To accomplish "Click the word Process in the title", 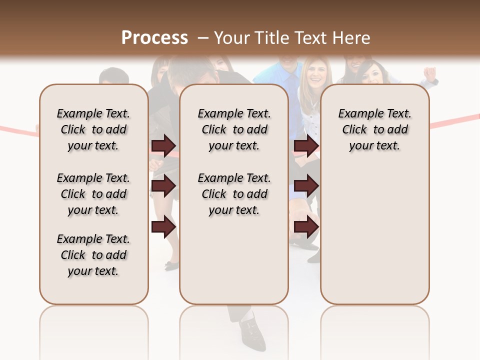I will [x=154, y=38].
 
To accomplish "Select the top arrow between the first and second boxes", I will [x=163, y=146].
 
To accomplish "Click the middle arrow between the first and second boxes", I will [x=163, y=186].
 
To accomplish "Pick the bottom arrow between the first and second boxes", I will [x=163, y=227].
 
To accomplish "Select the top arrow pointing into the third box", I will [x=306, y=146].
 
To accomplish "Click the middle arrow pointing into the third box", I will [x=306, y=186].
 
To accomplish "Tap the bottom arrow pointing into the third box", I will [x=306, y=227].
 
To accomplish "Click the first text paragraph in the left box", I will [x=93, y=129].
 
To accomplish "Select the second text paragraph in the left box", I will [x=93, y=194].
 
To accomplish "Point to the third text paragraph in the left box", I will [x=93, y=255].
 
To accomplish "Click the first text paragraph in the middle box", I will [x=234, y=129].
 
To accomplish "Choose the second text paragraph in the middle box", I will [x=234, y=194].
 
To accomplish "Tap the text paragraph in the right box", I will [x=374, y=129].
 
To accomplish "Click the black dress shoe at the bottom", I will [x=252, y=332].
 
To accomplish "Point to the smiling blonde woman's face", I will [x=314, y=73].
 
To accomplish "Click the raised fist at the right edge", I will [x=430, y=73].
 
